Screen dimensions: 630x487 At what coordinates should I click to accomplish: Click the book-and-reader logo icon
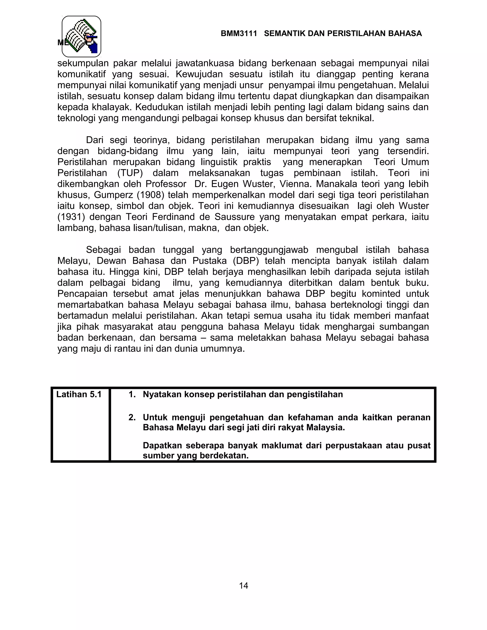click(x=81, y=36)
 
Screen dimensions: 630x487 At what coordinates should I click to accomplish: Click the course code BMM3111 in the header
click(x=239, y=34)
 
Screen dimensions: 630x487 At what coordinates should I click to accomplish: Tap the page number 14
click(x=243, y=585)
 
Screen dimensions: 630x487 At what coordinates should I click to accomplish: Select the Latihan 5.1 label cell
click(x=79, y=394)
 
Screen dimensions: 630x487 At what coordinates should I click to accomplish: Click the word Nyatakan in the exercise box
click(x=162, y=394)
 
